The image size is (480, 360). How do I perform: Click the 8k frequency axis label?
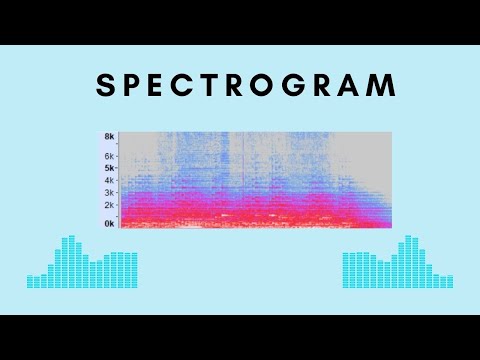pyautogui.click(x=109, y=136)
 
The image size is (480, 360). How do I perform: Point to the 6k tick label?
pyautogui.click(x=109, y=156)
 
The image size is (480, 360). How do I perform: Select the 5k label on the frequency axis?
pyautogui.click(x=109, y=168)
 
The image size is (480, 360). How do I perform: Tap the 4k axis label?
pyautogui.click(x=109, y=180)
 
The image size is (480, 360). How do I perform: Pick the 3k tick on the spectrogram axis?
pyautogui.click(x=109, y=192)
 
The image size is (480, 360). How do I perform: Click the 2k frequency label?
pyautogui.click(x=109, y=204)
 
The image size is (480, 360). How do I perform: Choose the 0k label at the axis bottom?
pyautogui.click(x=109, y=224)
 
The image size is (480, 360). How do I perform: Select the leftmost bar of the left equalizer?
pyautogui.click(x=30, y=281)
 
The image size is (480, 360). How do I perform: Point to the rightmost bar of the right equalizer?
pyautogui.click(x=451, y=281)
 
